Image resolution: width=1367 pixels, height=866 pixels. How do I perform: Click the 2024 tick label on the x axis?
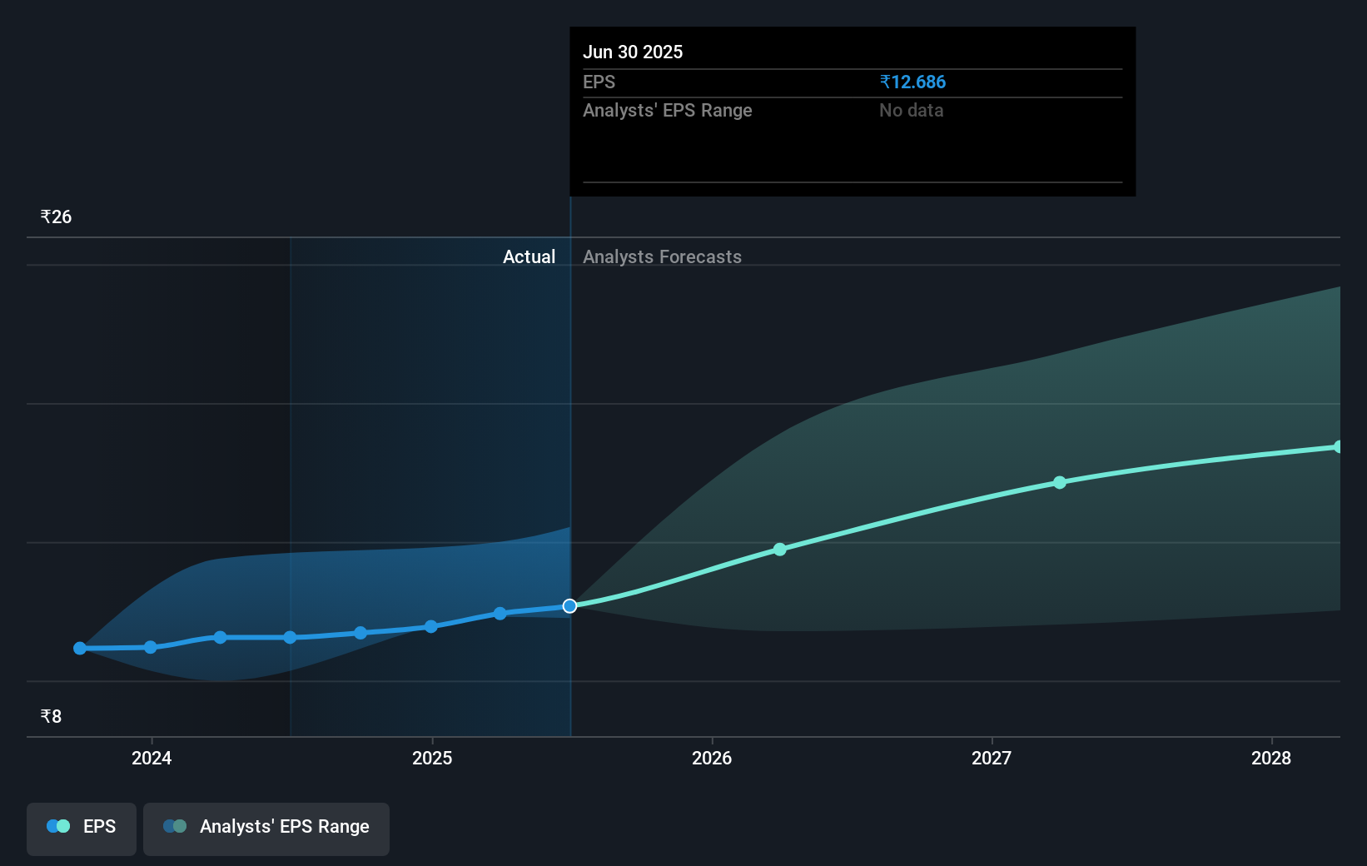152,758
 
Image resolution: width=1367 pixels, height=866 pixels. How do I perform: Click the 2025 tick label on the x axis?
432,758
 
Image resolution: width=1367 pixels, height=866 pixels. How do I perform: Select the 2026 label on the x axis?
712,758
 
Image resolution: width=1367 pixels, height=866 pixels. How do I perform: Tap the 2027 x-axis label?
992,758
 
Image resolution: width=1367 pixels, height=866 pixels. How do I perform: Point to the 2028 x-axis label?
1271,758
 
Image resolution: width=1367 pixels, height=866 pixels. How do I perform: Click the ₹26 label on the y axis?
56,217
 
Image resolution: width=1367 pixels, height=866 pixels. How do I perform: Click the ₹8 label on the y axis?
51,717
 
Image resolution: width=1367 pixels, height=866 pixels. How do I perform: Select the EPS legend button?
82,828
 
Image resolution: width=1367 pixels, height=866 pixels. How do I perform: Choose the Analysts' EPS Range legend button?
266,828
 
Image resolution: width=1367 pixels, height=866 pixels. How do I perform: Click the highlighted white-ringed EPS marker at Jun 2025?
569,606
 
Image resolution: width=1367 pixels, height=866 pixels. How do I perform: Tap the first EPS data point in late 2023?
80,648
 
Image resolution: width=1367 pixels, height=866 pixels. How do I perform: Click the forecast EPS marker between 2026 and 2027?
780,550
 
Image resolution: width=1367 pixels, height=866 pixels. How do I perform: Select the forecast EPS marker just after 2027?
1060,483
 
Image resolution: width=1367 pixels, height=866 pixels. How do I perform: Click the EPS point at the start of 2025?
430,627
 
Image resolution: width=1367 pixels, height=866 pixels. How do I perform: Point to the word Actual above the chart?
529,257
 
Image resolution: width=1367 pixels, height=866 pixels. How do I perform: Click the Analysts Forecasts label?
662,257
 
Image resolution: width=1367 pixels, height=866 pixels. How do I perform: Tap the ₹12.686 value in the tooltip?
912,82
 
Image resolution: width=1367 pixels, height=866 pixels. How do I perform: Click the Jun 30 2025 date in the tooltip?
633,52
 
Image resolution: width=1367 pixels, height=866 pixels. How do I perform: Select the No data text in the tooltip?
911,111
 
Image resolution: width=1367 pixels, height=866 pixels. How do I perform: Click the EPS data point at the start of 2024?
151,647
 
